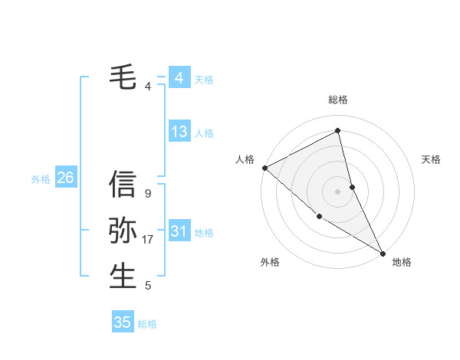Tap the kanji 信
(123, 185)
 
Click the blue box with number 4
(179, 78)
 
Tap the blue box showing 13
(179, 132)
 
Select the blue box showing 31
(179, 231)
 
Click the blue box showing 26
(65, 178)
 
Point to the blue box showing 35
(123, 322)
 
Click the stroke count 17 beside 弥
(148, 240)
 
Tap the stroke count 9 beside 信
(148, 195)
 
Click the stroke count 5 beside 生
(148, 286)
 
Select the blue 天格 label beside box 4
(204, 79)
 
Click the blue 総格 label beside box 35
(147, 324)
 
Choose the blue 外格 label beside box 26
(41, 179)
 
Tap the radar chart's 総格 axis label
(338, 100)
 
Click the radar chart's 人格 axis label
(245, 159)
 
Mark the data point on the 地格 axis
(383, 252)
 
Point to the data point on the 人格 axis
(264, 167)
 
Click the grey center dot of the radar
(338, 191)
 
